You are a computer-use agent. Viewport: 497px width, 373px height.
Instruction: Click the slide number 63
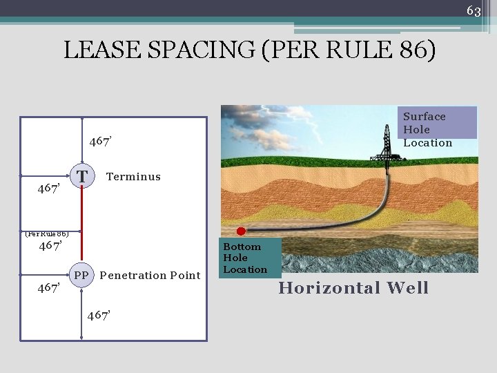tap(474, 10)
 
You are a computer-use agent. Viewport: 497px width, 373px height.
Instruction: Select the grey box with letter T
tap(82, 176)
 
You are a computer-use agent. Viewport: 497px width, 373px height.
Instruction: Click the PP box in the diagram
tap(81, 275)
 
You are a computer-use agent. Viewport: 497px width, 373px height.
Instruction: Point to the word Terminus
tap(133, 177)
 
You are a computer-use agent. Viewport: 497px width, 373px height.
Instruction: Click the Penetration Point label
tap(150, 276)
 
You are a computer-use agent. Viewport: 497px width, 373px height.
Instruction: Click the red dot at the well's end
tap(241, 231)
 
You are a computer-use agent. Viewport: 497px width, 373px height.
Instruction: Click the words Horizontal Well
tap(353, 288)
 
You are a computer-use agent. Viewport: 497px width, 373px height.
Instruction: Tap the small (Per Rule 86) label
tap(46, 233)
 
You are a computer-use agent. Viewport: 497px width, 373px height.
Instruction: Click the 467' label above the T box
tap(101, 142)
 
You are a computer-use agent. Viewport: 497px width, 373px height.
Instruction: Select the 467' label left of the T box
tap(49, 189)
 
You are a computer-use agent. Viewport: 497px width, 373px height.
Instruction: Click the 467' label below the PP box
tap(99, 316)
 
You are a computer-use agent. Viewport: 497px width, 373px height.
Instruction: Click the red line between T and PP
tap(82, 224)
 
